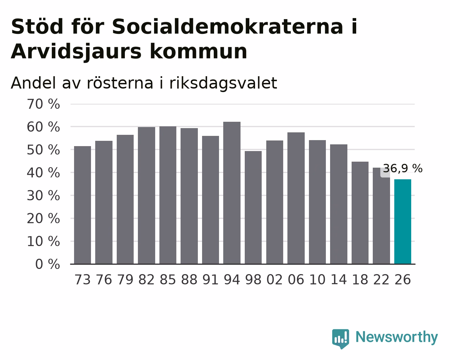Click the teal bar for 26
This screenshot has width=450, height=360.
point(402,221)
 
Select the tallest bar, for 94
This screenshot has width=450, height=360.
point(232,193)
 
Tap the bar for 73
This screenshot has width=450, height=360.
point(83,205)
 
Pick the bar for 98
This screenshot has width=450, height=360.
point(253,208)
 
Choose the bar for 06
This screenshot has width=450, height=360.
point(296,198)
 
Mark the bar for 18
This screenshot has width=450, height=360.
point(360,213)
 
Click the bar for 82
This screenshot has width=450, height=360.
point(146,196)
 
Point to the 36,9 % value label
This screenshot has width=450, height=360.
point(402,168)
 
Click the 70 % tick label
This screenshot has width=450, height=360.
point(43,104)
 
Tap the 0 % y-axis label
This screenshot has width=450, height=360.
point(48,264)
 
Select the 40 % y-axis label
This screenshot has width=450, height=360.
point(43,173)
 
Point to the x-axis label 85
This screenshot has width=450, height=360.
point(168,280)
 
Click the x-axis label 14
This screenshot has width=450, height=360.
point(339,280)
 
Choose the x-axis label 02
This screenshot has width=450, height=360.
point(275,280)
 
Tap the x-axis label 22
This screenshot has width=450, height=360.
point(381,280)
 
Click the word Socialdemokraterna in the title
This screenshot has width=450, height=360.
point(227,26)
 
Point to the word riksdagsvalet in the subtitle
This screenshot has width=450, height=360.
point(223,83)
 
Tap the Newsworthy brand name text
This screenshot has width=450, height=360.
point(397,337)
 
